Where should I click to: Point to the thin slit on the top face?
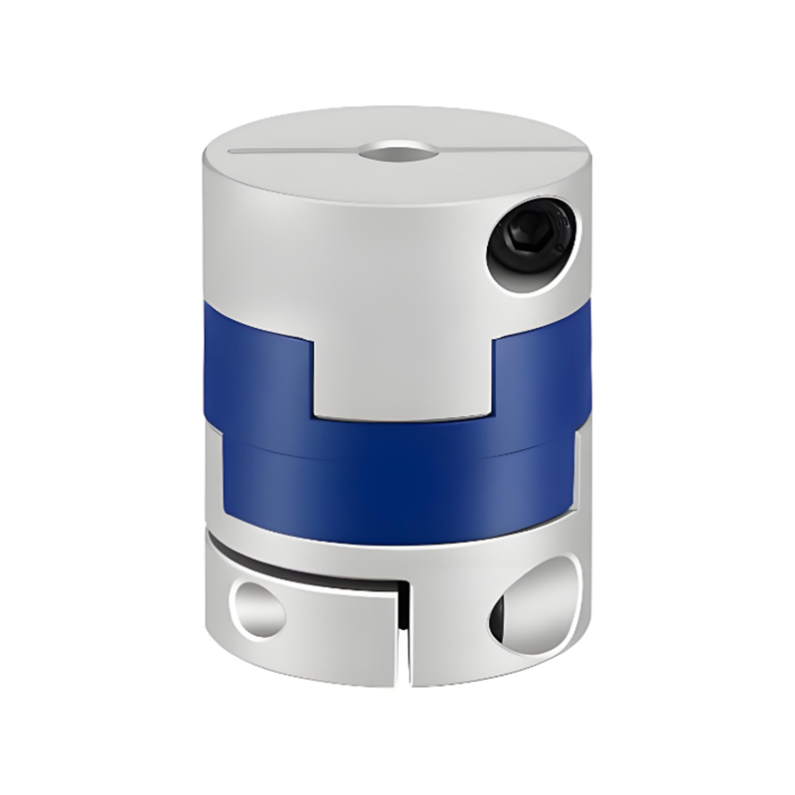click(288, 153)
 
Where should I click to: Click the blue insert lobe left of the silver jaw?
click(256, 373)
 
